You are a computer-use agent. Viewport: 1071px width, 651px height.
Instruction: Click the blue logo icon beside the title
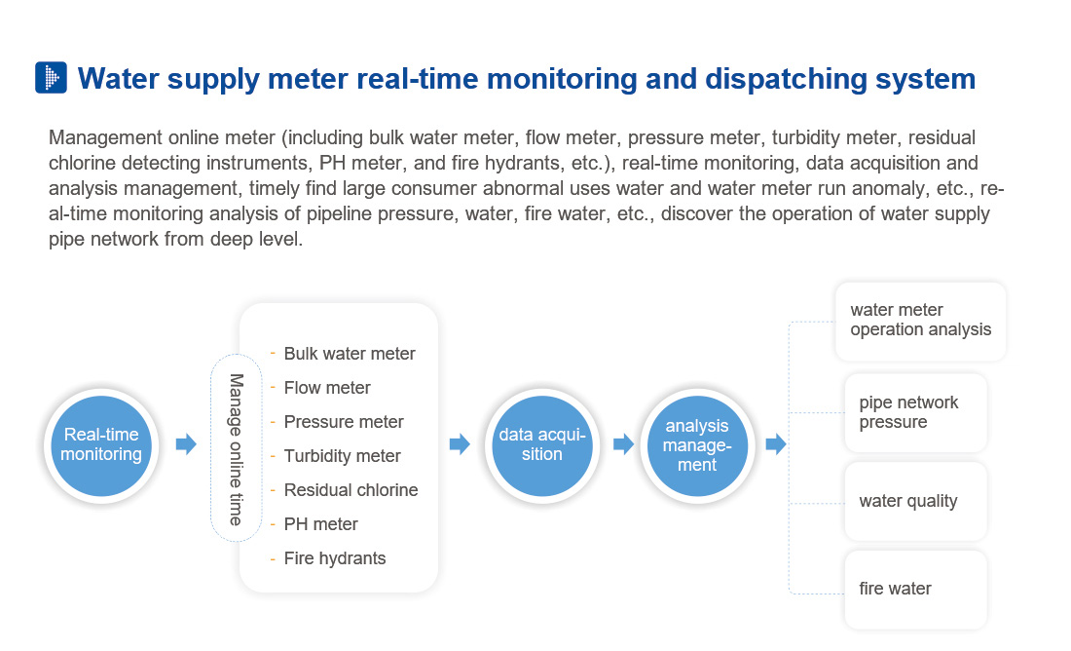pyautogui.click(x=51, y=78)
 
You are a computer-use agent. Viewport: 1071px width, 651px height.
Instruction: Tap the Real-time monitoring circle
pyautogui.click(x=101, y=444)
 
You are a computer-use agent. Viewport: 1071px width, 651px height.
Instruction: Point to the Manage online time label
pyautogui.click(x=236, y=449)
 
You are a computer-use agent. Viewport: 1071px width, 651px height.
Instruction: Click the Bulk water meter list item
pyautogui.click(x=349, y=354)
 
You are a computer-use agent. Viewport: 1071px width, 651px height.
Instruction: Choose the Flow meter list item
pyautogui.click(x=326, y=388)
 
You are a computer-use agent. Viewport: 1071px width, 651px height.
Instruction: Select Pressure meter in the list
pyautogui.click(x=343, y=422)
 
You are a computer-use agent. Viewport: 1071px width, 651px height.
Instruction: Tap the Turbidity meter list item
pyautogui.click(x=342, y=456)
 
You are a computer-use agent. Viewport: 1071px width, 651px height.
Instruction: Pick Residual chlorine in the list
pyautogui.click(x=351, y=490)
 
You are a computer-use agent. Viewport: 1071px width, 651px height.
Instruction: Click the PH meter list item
pyautogui.click(x=320, y=524)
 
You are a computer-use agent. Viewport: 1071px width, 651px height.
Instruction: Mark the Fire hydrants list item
pyautogui.click(x=334, y=558)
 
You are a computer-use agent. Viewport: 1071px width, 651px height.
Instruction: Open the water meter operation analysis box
pyautogui.click(x=920, y=321)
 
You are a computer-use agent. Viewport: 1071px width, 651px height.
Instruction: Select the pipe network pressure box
pyautogui.click(x=915, y=412)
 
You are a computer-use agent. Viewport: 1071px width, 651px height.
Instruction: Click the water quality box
pyautogui.click(x=915, y=501)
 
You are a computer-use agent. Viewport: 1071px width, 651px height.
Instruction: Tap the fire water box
pyautogui.click(x=915, y=589)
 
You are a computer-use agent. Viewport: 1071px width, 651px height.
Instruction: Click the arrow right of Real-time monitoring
pyautogui.click(x=185, y=444)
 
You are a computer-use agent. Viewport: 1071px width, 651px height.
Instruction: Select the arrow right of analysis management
pyautogui.click(x=775, y=444)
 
